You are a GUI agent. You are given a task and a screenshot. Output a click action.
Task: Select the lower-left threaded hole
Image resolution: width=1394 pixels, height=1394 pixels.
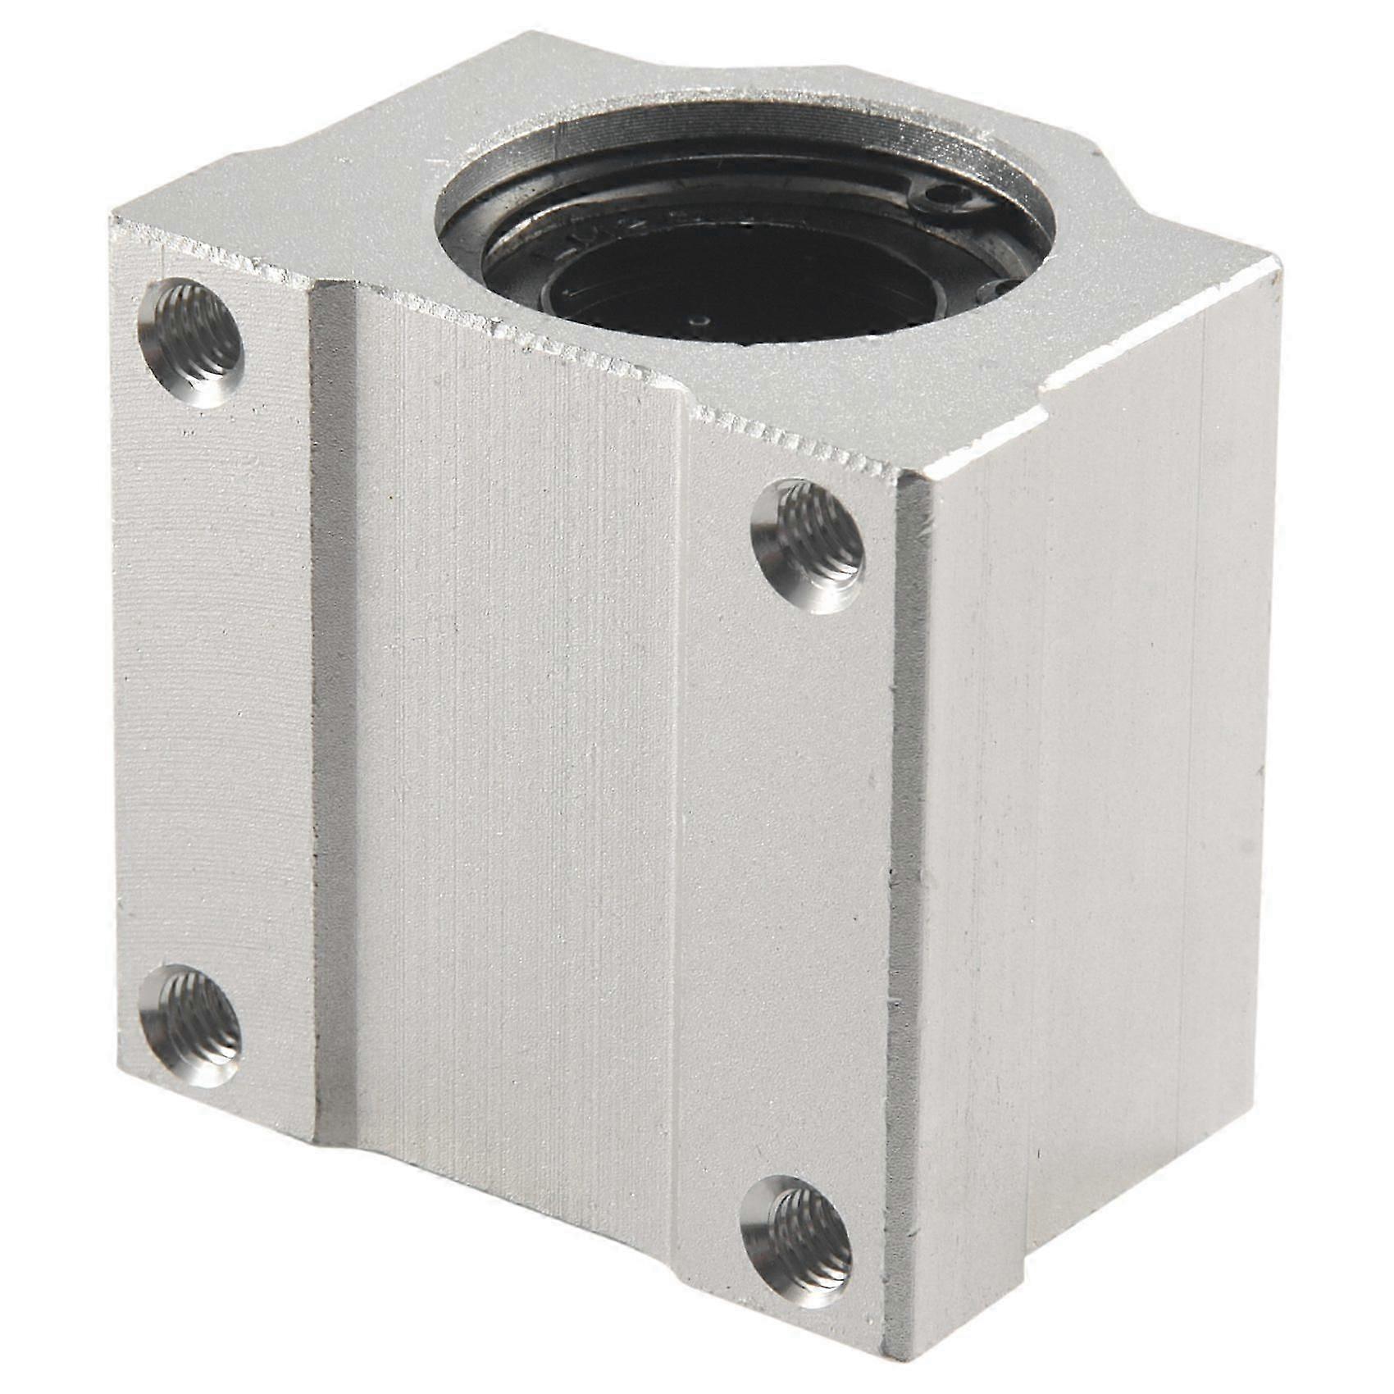(x=189, y=1025)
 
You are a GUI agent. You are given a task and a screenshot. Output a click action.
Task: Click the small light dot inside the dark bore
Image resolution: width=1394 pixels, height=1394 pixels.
(x=699, y=321)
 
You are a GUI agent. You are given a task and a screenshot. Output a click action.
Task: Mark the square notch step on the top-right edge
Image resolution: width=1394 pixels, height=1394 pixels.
(x=1058, y=385)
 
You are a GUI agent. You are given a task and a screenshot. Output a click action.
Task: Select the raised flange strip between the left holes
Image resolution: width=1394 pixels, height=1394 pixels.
(x=213, y=681)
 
